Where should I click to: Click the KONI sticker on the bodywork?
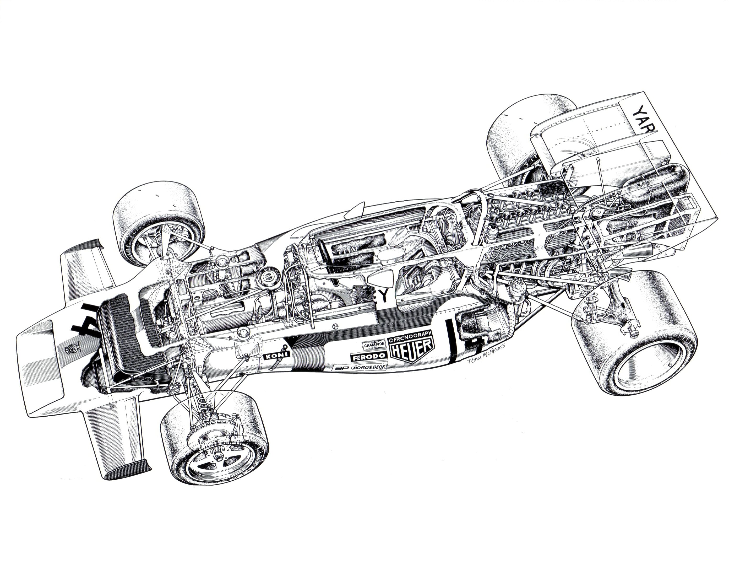pyautogui.click(x=277, y=356)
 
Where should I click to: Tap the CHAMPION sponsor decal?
pyautogui.click(x=374, y=345)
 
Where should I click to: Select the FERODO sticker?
pyautogui.click(x=368, y=357)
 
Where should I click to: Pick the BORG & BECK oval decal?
pyautogui.click(x=369, y=367)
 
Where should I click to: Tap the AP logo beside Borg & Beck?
pyautogui.click(x=341, y=368)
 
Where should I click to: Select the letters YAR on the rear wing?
pyautogui.click(x=644, y=119)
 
